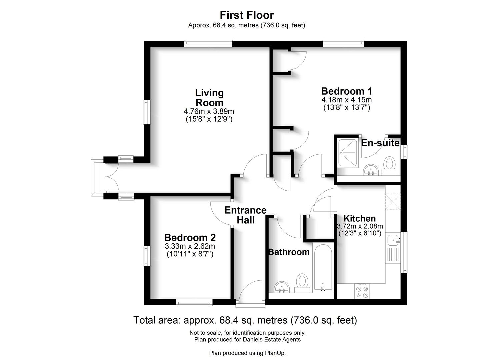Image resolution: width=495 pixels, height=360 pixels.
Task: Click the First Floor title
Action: [247, 15]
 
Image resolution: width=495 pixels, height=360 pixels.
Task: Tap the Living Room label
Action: [209, 98]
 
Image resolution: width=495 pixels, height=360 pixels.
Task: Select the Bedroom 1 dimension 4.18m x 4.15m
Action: [346, 100]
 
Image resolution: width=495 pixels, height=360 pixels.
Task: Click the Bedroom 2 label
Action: [190, 238]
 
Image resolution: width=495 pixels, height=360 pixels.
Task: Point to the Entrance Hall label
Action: [245, 215]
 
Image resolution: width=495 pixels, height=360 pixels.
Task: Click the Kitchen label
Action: [359, 219]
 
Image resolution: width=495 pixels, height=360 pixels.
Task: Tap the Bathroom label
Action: [289, 252]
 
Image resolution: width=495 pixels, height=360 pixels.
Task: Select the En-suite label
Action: [380, 143]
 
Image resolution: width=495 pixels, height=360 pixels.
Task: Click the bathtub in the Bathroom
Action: [322, 268]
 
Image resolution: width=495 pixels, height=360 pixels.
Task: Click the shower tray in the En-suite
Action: [348, 153]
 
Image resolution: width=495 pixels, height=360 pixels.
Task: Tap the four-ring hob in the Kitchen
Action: [362, 292]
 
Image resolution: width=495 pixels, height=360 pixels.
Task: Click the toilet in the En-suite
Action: [389, 165]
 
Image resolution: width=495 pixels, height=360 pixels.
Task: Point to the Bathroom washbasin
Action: [283, 287]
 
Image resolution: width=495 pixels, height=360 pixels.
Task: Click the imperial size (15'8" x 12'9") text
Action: [209, 119]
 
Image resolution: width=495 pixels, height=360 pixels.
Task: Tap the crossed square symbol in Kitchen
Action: [393, 201]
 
